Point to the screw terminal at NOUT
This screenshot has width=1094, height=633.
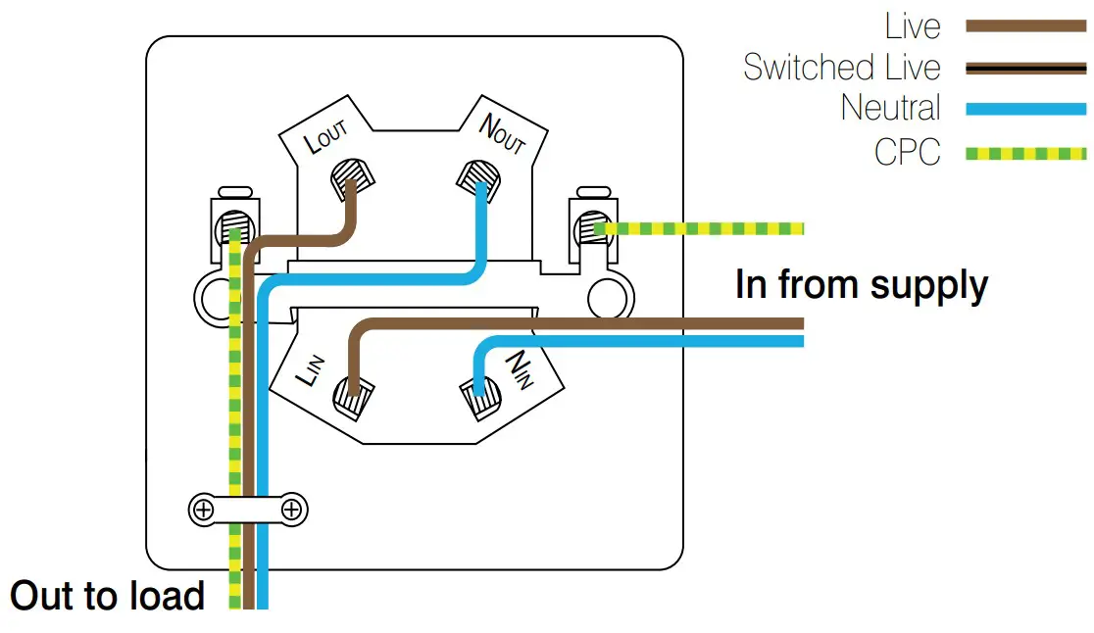point(478,176)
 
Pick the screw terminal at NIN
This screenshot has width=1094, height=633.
point(479,395)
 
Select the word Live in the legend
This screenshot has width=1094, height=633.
point(912,25)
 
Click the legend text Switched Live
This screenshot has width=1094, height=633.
point(841,68)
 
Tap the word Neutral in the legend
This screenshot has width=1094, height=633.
point(890,108)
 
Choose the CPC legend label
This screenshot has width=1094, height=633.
point(907,153)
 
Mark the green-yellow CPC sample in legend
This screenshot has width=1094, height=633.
point(1025,154)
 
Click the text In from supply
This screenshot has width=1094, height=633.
point(861,285)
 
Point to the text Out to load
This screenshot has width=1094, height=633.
point(108,596)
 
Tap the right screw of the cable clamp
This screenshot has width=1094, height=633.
point(291,510)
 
